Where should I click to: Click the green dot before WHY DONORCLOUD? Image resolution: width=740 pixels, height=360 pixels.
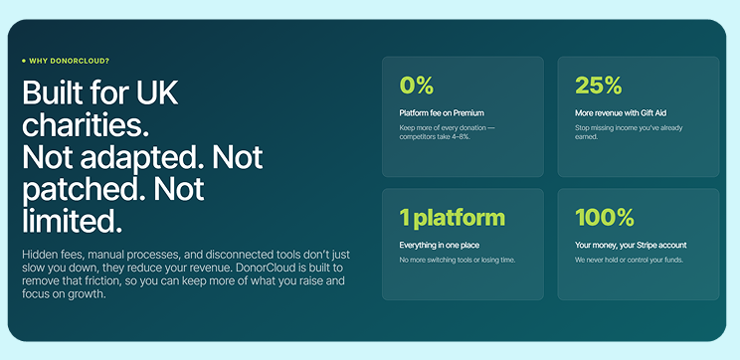pyautogui.click(x=24, y=61)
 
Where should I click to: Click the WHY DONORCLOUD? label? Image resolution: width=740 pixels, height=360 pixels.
pyautogui.click(x=70, y=61)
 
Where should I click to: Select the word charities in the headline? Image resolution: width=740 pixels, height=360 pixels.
pyautogui.click(x=83, y=125)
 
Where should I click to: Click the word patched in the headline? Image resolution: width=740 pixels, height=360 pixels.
pyautogui.click(x=81, y=190)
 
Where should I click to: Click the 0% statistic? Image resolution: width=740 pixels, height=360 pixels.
pyautogui.click(x=416, y=86)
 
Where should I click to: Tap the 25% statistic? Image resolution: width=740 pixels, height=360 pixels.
pyautogui.click(x=599, y=86)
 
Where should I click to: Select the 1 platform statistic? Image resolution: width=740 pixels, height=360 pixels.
pyautogui.click(x=453, y=218)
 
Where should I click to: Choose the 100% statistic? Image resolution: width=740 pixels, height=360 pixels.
pyautogui.click(x=605, y=218)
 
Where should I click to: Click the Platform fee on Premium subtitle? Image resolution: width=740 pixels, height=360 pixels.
pyautogui.click(x=442, y=113)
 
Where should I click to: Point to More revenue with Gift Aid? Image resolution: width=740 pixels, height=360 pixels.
pyautogui.click(x=621, y=113)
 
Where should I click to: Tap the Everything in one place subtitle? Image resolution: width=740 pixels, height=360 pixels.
pyautogui.click(x=440, y=246)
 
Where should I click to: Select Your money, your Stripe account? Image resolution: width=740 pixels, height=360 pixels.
pyautogui.click(x=631, y=246)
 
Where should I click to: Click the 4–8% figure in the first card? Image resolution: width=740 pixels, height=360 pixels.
pyautogui.click(x=462, y=137)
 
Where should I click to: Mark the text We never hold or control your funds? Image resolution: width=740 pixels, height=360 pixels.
pyautogui.click(x=629, y=260)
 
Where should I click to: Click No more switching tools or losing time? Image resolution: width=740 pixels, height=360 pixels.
pyautogui.click(x=458, y=260)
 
